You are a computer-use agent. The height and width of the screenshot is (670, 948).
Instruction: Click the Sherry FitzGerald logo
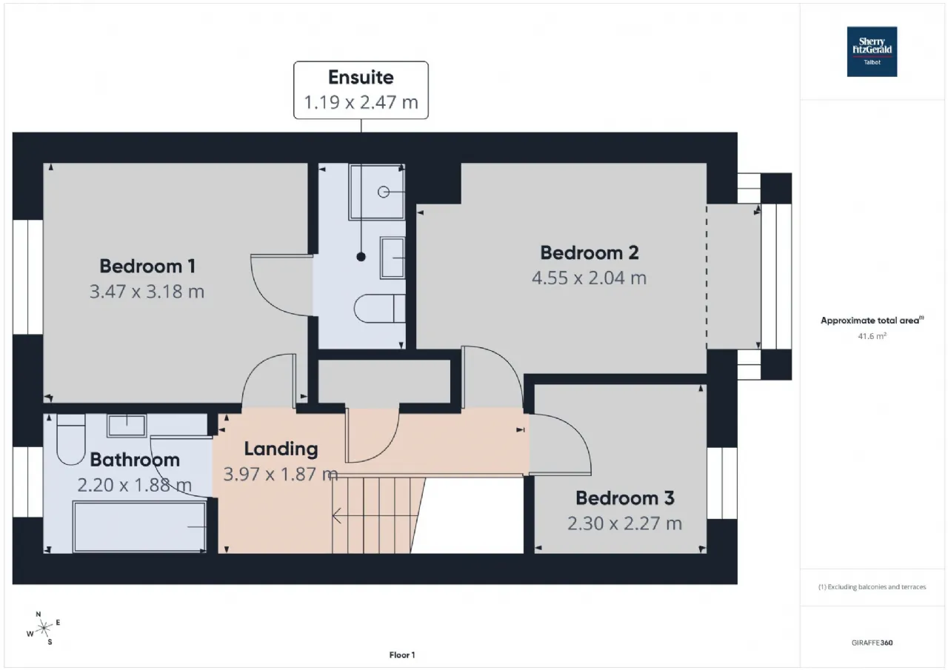click(872, 52)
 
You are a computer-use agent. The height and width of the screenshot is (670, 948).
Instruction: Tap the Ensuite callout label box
click(361, 90)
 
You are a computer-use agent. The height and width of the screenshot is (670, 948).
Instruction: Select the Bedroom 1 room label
click(147, 267)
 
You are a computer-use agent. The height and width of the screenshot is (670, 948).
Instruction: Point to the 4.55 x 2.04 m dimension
click(589, 278)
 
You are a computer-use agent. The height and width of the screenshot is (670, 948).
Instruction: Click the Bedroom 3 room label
click(624, 498)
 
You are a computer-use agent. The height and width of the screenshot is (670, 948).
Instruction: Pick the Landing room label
click(281, 449)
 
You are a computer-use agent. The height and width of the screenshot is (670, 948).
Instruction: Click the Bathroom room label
click(135, 460)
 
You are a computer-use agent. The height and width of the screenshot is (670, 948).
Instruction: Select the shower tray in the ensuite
click(377, 192)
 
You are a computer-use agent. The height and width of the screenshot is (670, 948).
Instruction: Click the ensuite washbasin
click(393, 258)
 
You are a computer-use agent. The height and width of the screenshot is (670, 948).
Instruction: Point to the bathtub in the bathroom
click(139, 526)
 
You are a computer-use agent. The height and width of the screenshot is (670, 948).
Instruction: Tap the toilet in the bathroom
click(71, 440)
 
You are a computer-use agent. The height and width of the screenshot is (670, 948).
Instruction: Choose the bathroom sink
click(127, 426)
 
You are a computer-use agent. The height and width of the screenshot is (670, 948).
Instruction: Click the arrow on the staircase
click(375, 516)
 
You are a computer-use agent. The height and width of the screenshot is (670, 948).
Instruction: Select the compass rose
click(44, 629)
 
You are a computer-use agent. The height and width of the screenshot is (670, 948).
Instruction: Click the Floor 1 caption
click(402, 655)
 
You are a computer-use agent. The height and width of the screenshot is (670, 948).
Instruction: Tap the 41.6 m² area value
click(872, 336)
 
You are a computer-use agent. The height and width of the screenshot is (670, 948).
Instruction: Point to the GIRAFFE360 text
click(872, 643)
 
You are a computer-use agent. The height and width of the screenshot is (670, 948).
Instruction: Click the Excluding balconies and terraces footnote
click(872, 587)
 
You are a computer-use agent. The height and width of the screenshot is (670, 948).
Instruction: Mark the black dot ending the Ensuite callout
click(361, 257)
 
